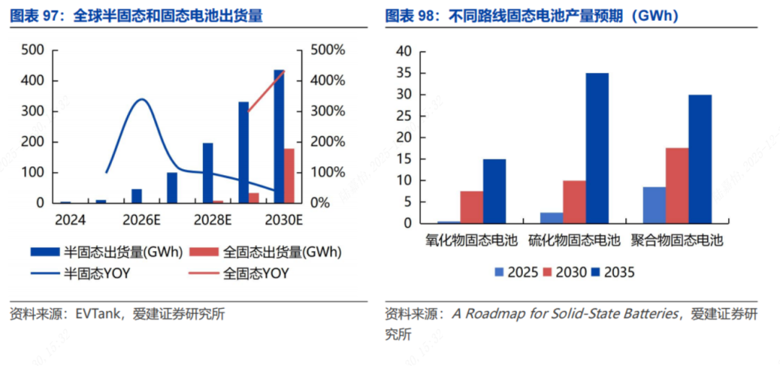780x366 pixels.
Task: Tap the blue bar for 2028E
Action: pos(208,173)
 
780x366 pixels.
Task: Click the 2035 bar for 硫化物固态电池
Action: pos(597,148)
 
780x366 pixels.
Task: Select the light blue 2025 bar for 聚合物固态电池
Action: pos(654,205)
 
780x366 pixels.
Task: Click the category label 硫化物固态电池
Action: pos(574,239)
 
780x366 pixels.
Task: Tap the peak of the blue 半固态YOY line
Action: pos(142,99)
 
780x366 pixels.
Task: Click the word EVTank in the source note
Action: pos(92,314)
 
